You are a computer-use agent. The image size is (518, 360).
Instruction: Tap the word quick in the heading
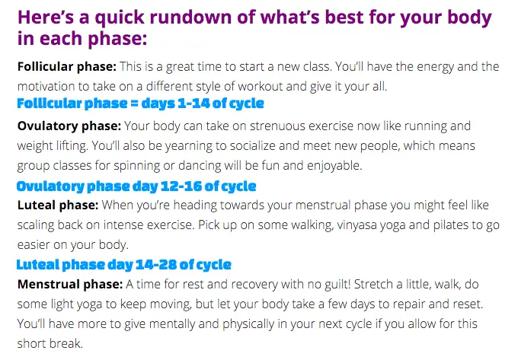coord(120,18)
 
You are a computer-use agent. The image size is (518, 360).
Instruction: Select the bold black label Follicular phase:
coord(67,67)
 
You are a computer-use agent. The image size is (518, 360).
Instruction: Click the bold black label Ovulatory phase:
coord(69,126)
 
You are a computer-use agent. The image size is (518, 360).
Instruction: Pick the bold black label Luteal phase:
coord(58,205)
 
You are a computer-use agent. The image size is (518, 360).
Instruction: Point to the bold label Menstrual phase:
coord(70,285)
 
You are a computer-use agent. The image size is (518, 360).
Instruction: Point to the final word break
coord(66,344)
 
